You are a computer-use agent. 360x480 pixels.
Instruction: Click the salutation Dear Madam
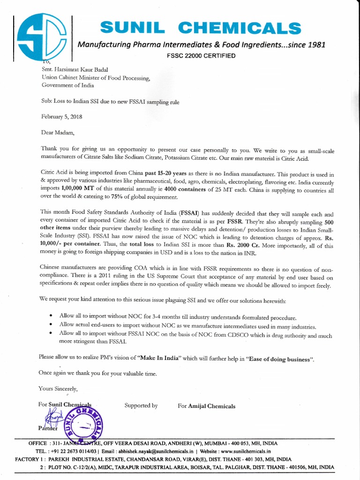(58, 133)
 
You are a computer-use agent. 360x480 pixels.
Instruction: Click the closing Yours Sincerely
(58, 389)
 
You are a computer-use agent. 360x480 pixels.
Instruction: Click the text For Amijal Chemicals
(207, 406)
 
